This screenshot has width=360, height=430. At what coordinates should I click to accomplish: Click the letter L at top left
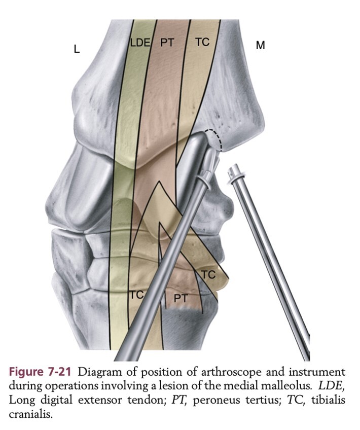[77, 50]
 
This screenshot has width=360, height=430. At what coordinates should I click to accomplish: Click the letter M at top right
[260, 46]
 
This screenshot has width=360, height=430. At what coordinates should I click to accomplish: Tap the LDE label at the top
[140, 43]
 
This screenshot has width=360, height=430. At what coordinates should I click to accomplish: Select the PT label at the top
[167, 43]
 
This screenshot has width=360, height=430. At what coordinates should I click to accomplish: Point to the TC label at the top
[202, 42]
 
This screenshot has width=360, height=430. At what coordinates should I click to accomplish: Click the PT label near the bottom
[181, 299]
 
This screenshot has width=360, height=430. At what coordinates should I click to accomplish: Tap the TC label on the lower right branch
[208, 275]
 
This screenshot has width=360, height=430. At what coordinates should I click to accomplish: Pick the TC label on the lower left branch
[136, 294]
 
